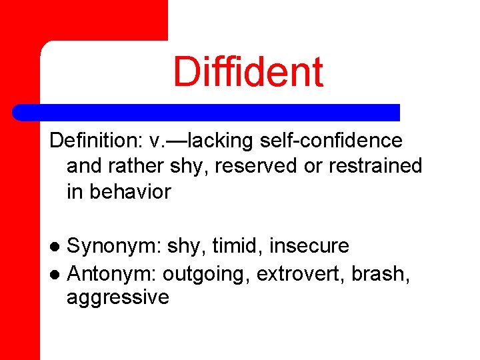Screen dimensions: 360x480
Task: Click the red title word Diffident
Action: point(248,72)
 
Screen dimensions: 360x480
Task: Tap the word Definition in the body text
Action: point(90,141)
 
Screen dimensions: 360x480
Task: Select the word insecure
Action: point(309,246)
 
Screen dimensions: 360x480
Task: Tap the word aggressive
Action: point(118,297)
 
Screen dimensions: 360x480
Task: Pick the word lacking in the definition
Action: point(221,141)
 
